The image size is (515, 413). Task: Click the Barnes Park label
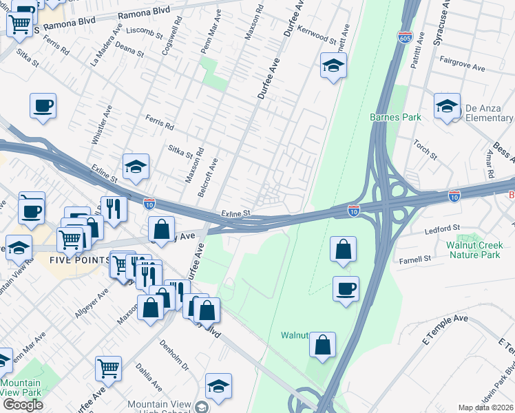[x=395, y=117]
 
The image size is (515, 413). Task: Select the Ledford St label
[x=441, y=228]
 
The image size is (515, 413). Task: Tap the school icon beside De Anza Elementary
[x=447, y=106]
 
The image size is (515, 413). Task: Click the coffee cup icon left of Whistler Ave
[x=43, y=106]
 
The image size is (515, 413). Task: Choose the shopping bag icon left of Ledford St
[x=343, y=249]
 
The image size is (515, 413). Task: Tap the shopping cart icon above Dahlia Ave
[x=109, y=368]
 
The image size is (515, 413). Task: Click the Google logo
[x=23, y=405]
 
